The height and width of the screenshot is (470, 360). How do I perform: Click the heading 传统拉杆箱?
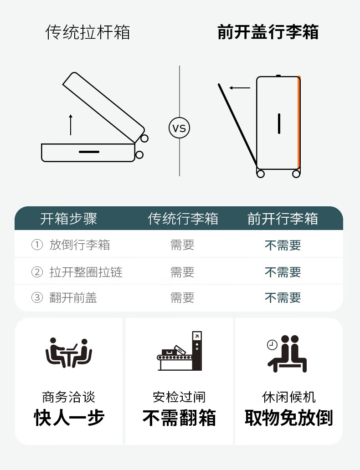(x=87, y=32)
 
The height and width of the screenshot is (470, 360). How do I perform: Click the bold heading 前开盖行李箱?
(x=268, y=32)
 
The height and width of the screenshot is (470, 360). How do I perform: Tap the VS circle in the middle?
(x=180, y=128)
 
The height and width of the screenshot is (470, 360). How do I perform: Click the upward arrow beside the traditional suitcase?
(x=71, y=125)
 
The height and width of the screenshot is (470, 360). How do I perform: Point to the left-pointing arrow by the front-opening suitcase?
(x=240, y=88)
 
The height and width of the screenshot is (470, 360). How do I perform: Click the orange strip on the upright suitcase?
(x=299, y=123)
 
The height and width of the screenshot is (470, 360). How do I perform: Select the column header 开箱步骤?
(x=68, y=219)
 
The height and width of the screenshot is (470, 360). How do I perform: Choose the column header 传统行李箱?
(x=183, y=219)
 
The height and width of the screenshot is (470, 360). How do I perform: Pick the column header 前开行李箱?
(x=283, y=219)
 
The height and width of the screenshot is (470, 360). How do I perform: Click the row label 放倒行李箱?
(x=79, y=245)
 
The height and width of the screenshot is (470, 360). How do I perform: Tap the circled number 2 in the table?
(x=37, y=272)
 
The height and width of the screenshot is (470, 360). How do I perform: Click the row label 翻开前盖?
(x=73, y=298)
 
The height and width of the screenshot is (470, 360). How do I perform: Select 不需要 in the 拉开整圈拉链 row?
(x=283, y=272)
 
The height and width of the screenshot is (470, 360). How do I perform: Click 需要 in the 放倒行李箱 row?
(x=182, y=245)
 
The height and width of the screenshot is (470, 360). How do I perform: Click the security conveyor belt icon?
(x=180, y=351)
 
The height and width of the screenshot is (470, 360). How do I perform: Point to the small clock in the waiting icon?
(x=272, y=345)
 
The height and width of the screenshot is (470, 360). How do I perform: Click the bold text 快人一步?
(x=69, y=418)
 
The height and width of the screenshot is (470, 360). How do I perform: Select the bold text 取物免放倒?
(x=288, y=418)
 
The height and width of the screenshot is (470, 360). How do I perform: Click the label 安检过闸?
(x=179, y=397)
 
